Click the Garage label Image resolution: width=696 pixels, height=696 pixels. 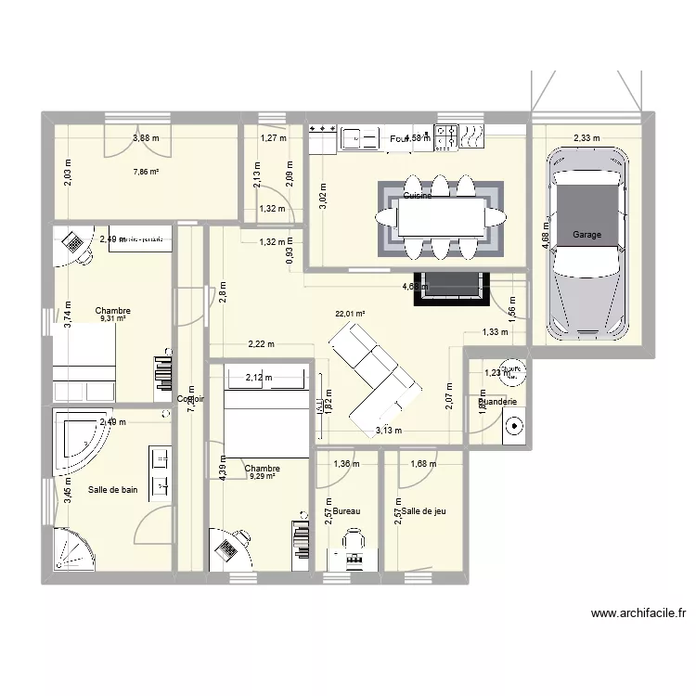point(586,235)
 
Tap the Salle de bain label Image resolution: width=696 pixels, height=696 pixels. point(112,489)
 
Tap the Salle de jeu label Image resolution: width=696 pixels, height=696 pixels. point(423,511)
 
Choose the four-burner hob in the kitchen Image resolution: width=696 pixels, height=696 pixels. point(446,136)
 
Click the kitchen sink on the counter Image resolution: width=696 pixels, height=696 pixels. point(359,138)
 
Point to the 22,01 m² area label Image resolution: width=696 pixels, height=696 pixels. point(350,314)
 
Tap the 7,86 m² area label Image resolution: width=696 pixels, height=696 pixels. point(146,172)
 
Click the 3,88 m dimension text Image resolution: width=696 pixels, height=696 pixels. point(146,138)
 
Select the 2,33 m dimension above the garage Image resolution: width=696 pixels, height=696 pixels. point(586,138)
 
